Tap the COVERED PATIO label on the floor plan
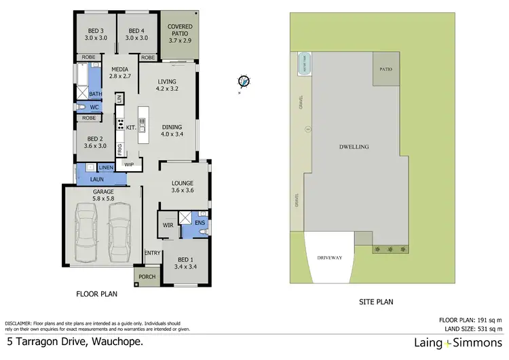tap(180, 31)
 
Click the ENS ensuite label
tap(200, 222)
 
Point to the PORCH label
tap(146, 276)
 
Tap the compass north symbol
tap(243, 82)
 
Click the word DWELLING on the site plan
tap(354, 146)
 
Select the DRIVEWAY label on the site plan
tap(329, 258)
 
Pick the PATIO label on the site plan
tap(386, 69)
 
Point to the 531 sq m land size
tap(487, 329)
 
